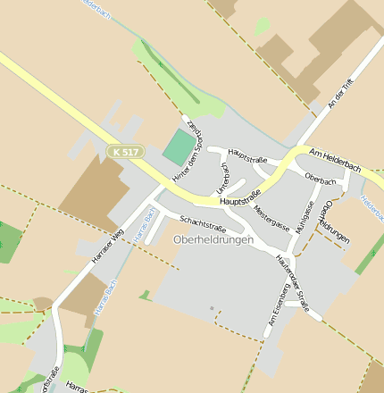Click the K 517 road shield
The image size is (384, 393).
click(126, 153)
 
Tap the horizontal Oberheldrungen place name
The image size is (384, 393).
click(213, 240)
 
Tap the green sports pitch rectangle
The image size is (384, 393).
click(179, 146)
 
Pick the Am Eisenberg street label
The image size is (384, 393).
click(276, 305)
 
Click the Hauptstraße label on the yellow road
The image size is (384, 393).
click(239, 198)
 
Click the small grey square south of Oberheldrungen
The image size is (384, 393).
click(212, 309)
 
